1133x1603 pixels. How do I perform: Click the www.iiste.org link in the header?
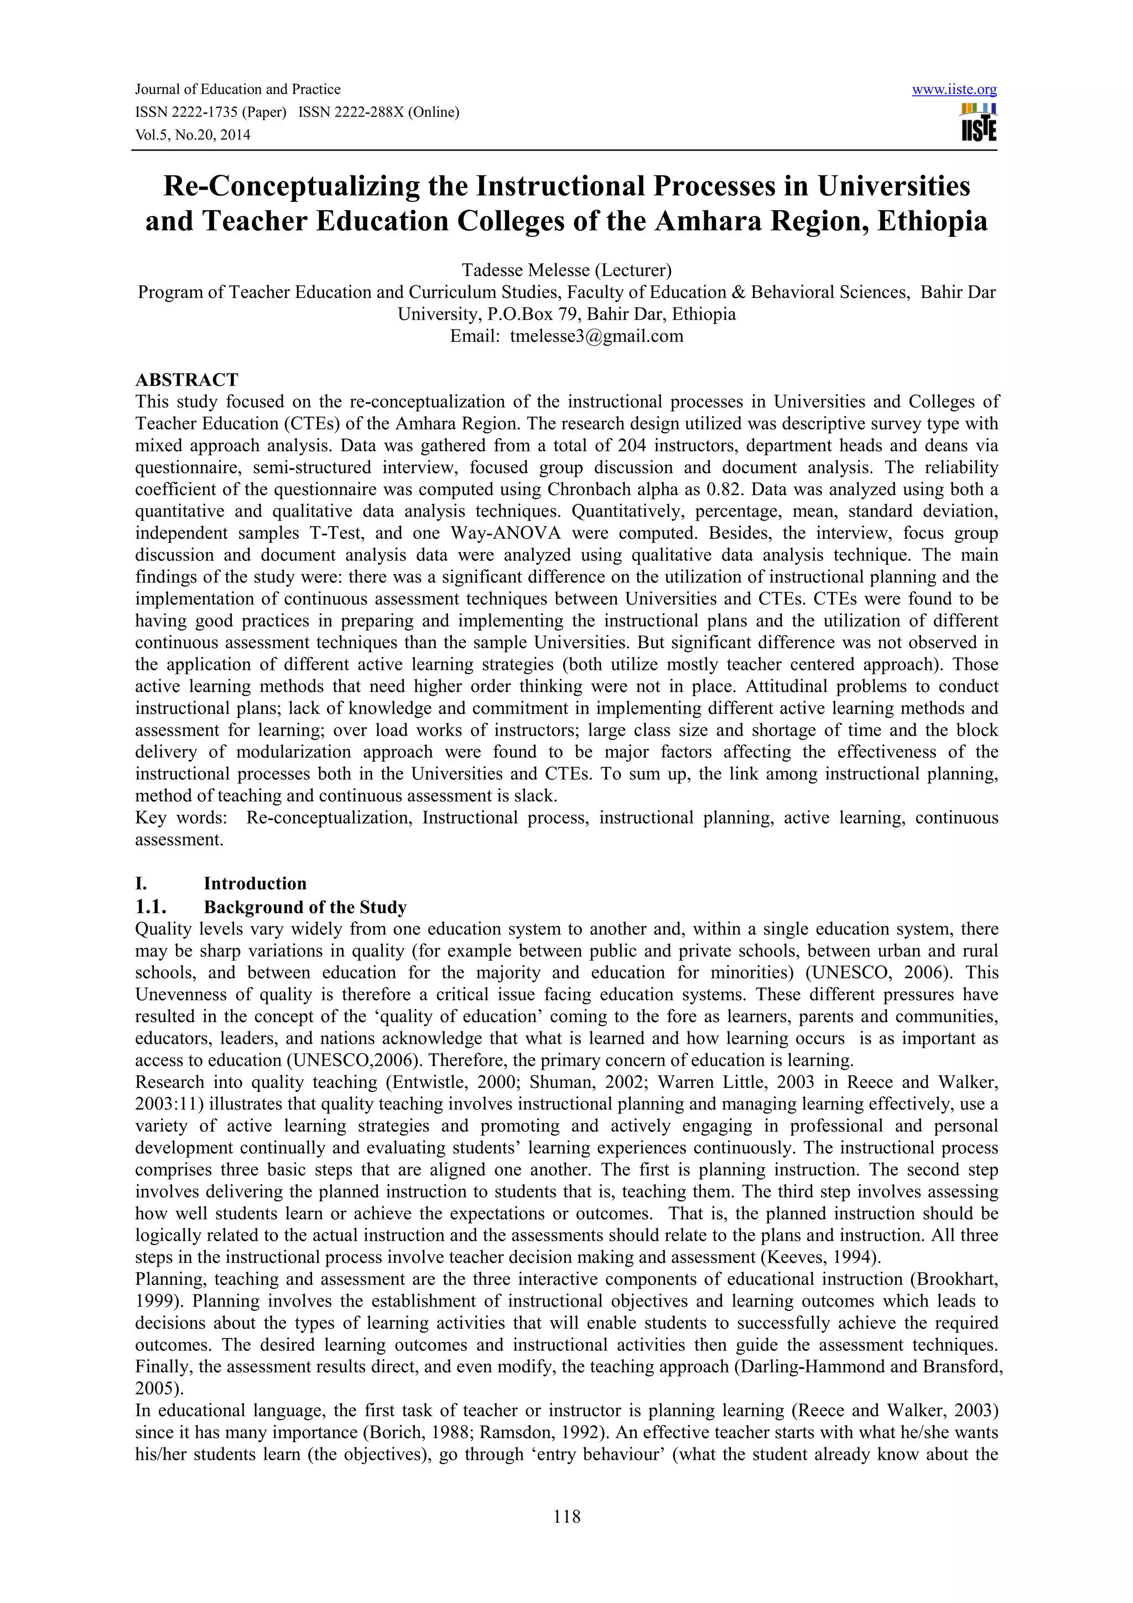[x=954, y=90]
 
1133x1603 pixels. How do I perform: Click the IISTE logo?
[x=979, y=123]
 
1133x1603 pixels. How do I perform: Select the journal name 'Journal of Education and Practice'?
[x=237, y=90]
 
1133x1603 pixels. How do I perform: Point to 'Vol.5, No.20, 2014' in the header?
[x=192, y=135]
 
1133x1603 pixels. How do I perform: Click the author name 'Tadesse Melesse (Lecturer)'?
[x=566, y=269]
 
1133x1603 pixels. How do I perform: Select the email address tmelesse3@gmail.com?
[x=596, y=336]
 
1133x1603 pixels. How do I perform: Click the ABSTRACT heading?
[x=186, y=380]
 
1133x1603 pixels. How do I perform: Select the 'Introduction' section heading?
[x=255, y=883]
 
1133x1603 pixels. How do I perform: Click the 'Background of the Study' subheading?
[x=305, y=907]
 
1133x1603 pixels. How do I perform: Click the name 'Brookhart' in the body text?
[x=957, y=1279]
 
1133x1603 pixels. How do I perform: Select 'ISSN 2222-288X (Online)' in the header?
[x=378, y=112]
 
